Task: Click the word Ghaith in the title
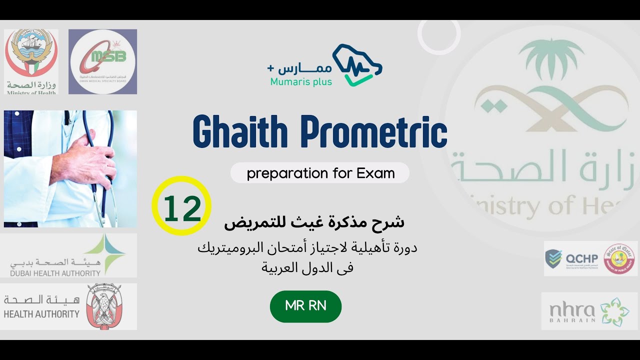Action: pos(240,132)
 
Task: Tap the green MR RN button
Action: pos(305,306)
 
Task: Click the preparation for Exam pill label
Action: pos(320,173)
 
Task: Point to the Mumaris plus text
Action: pos(301,81)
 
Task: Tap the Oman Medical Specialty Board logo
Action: pos(102,61)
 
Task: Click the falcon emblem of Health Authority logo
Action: pos(103,306)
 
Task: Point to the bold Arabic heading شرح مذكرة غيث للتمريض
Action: pos(314,222)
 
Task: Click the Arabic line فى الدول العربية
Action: pos(307,267)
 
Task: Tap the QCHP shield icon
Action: pos(553,258)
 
